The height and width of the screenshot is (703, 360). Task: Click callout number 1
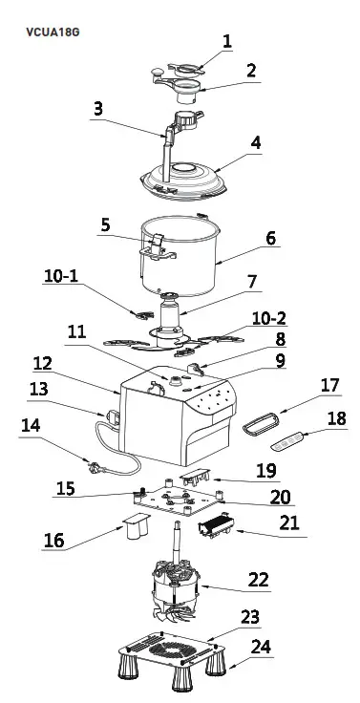(x=227, y=41)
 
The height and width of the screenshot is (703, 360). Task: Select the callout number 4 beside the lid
(x=255, y=143)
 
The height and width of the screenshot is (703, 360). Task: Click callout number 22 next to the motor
(x=258, y=580)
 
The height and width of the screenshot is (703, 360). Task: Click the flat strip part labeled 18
(x=287, y=441)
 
